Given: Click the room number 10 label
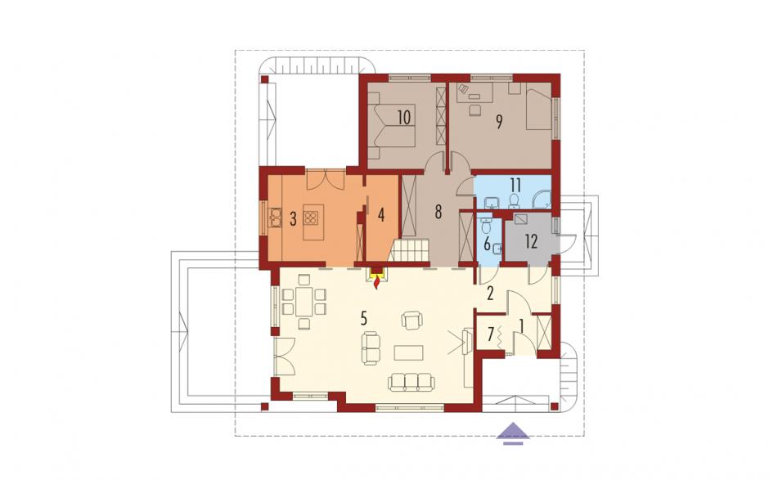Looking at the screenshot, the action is pyautogui.click(x=404, y=118).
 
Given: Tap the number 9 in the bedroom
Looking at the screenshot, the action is pyautogui.click(x=499, y=122).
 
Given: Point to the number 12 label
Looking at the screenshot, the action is pyautogui.click(x=531, y=241).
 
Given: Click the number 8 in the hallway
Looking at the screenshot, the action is pyautogui.click(x=438, y=212).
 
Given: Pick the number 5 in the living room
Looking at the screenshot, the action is pyautogui.click(x=363, y=318).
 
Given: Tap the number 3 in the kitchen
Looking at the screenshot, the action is pyautogui.click(x=293, y=219).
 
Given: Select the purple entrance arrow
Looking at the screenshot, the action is pyautogui.click(x=514, y=433).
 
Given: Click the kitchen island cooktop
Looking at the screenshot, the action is pyautogui.click(x=311, y=218).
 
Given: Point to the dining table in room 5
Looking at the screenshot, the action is pyautogui.click(x=304, y=301).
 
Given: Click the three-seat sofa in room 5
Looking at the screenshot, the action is pyautogui.click(x=411, y=381).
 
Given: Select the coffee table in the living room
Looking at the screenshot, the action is pyautogui.click(x=410, y=352).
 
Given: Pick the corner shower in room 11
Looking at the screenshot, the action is pyautogui.click(x=543, y=199).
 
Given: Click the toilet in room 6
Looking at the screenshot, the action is pyautogui.click(x=486, y=227).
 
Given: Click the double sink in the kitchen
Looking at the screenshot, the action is pyautogui.click(x=275, y=218).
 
